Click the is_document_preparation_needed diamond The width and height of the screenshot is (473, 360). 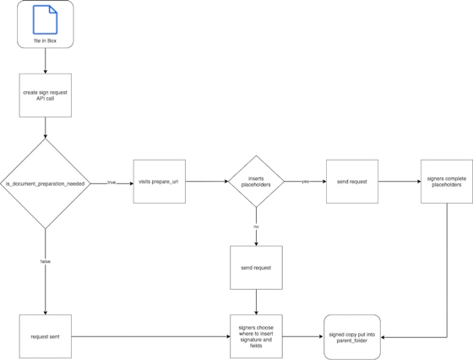coord(45,182)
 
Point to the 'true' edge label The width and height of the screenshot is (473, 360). coord(111,181)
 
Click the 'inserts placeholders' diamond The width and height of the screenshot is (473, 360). coord(255,181)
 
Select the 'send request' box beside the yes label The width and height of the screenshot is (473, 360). coord(352,182)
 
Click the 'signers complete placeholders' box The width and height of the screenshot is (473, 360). coord(446,182)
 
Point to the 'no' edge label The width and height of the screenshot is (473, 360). coord(255,226)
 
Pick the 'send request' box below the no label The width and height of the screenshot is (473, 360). coord(255,267)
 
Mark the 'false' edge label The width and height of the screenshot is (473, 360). coord(46,263)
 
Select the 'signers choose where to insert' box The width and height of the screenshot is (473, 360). coord(255,336)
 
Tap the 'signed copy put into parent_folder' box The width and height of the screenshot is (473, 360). coord(352,336)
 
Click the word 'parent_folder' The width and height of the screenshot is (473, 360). coord(352,341)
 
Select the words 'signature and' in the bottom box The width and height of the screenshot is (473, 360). coord(255,341)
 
